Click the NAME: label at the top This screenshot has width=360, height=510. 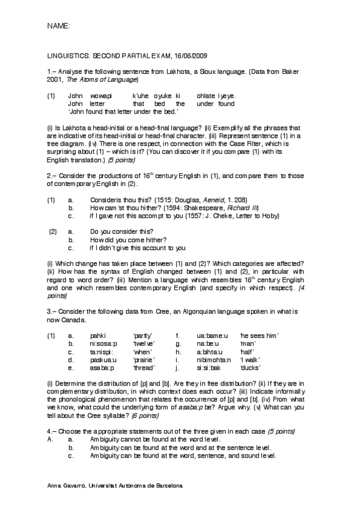[58, 27]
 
